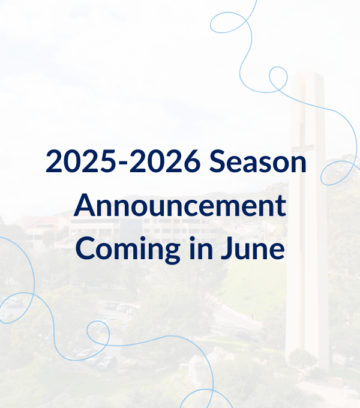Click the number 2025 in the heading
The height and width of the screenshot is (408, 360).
(x=81, y=161)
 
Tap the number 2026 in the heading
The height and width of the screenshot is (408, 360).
(x=165, y=161)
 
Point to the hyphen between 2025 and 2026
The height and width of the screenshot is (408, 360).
(x=122, y=163)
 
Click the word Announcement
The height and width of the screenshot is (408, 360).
(x=180, y=205)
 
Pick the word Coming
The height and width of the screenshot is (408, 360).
(x=128, y=249)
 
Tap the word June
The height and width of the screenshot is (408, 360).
(x=253, y=247)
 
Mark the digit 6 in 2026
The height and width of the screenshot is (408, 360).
(x=192, y=161)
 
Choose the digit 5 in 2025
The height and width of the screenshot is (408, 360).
(x=107, y=161)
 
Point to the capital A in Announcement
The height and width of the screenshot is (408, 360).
(x=85, y=205)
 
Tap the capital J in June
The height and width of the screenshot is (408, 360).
(x=227, y=248)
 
